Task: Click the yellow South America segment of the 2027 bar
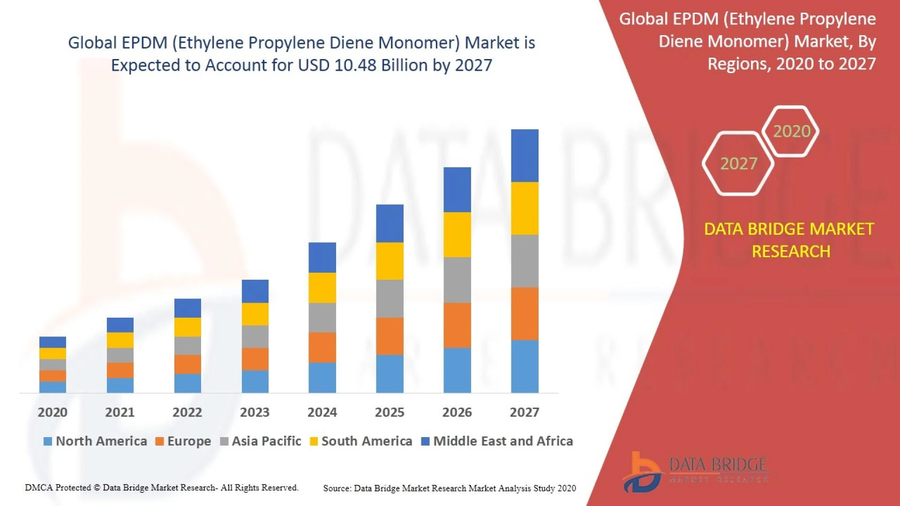(x=525, y=208)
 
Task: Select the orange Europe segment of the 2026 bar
(x=457, y=325)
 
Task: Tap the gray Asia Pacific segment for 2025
(x=390, y=298)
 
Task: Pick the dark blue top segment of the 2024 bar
(x=322, y=257)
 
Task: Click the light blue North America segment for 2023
(x=255, y=381)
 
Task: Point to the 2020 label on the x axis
(x=52, y=412)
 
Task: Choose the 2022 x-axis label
(x=187, y=412)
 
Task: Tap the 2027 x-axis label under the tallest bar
(x=524, y=412)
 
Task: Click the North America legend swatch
(x=47, y=441)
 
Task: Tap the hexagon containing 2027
(x=738, y=164)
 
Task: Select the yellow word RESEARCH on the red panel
(x=791, y=252)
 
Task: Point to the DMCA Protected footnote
(x=162, y=488)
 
